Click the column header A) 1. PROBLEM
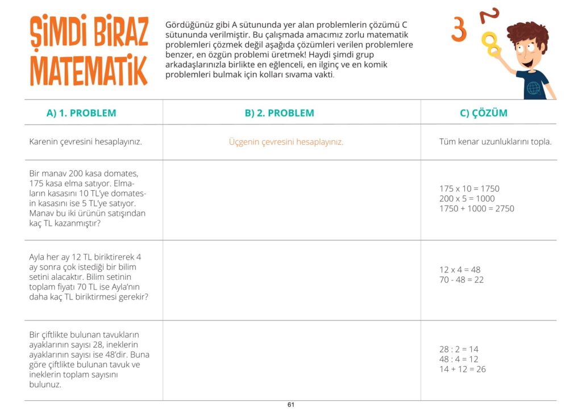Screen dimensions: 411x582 [81, 113]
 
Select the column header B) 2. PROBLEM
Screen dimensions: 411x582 [279, 113]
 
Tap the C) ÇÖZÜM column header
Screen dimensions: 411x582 [483, 113]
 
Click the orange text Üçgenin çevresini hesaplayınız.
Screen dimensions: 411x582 [286, 142]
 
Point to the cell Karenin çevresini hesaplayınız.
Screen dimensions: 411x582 [85, 142]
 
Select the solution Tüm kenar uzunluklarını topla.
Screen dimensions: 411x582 [495, 142]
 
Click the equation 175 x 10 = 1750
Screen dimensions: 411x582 [469, 188]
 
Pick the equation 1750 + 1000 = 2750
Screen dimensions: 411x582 [476, 208]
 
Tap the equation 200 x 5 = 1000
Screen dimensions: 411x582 [467, 199]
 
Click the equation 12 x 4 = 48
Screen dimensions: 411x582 [460, 270]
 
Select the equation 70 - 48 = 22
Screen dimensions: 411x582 [462, 280]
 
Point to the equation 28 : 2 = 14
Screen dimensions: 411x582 [459, 350]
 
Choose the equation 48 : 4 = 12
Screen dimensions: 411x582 [459, 359]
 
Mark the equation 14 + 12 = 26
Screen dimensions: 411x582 [462, 370]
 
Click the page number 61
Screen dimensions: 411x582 [290, 405]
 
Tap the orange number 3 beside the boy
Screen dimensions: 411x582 [459, 28]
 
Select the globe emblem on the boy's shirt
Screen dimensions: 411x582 [533, 89]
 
